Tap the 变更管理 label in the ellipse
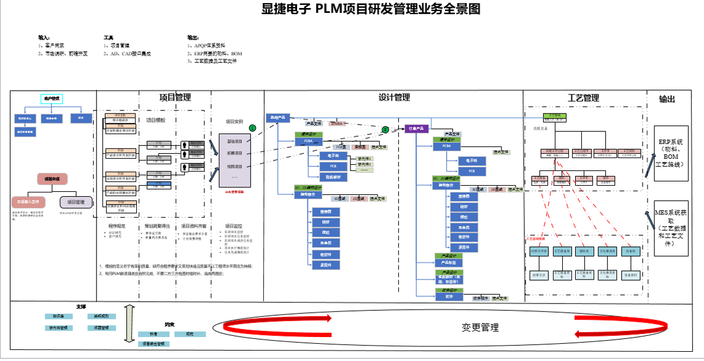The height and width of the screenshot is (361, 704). coord(480,327)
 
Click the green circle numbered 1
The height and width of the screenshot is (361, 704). coord(252,127)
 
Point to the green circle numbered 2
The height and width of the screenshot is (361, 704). coord(385,129)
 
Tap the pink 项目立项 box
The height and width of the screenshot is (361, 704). coord(52,179)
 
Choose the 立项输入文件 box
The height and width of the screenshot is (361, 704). coord(28,201)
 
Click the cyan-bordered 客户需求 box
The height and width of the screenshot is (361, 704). coord(52,98)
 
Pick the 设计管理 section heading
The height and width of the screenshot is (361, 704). coord(394,97)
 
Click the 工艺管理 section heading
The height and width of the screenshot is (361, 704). coord(583,97)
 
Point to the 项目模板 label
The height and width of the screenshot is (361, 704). coord(155,120)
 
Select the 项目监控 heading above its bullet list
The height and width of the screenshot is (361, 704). coord(234,226)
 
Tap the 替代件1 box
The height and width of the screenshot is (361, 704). coord(364,158)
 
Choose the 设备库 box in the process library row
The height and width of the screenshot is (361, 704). coord(630,251)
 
